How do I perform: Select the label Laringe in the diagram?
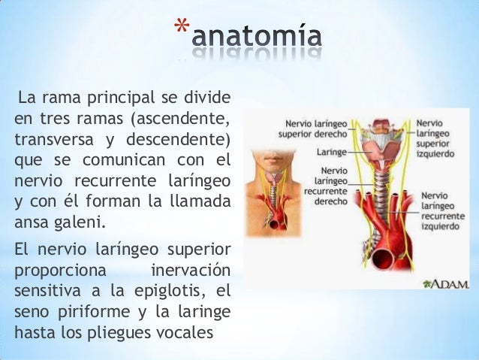coord(331,151)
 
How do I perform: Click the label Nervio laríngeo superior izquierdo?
coord(436,138)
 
